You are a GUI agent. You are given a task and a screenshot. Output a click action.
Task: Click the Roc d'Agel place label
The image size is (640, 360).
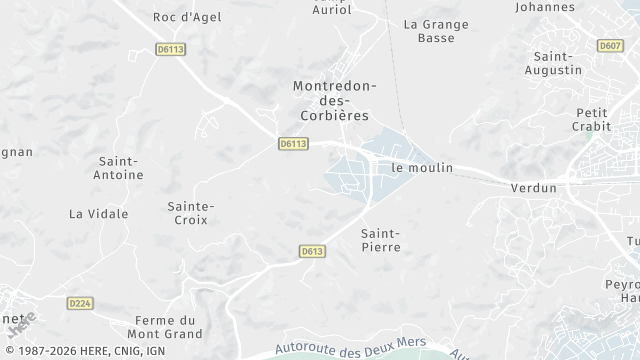click(x=185, y=16)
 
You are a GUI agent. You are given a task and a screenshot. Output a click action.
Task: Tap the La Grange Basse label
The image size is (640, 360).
click(x=428, y=30)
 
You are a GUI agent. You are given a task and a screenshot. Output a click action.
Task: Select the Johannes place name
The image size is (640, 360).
click(x=544, y=6)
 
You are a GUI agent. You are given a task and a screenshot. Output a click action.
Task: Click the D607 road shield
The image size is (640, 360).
click(x=609, y=45)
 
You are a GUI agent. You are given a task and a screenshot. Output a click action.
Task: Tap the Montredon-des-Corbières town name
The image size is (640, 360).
click(x=334, y=101)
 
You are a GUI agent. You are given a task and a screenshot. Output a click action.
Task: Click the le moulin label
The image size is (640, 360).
click(x=422, y=168)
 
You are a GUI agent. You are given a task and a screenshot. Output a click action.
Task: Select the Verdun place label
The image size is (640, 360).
click(x=533, y=188)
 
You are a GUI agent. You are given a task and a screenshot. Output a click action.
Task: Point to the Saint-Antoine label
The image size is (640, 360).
click(x=119, y=167)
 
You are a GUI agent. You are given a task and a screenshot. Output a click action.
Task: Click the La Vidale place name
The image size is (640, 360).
click(x=98, y=214)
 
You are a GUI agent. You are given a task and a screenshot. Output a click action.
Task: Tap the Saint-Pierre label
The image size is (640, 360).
click(x=380, y=239)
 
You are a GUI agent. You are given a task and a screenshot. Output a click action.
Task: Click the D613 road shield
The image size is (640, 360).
click(x=312, y=252)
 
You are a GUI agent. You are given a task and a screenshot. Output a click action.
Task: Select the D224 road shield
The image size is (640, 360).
click(x=80, y=302)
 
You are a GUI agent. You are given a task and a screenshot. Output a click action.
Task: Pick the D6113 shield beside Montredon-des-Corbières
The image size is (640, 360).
click(x=292, y=144)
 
